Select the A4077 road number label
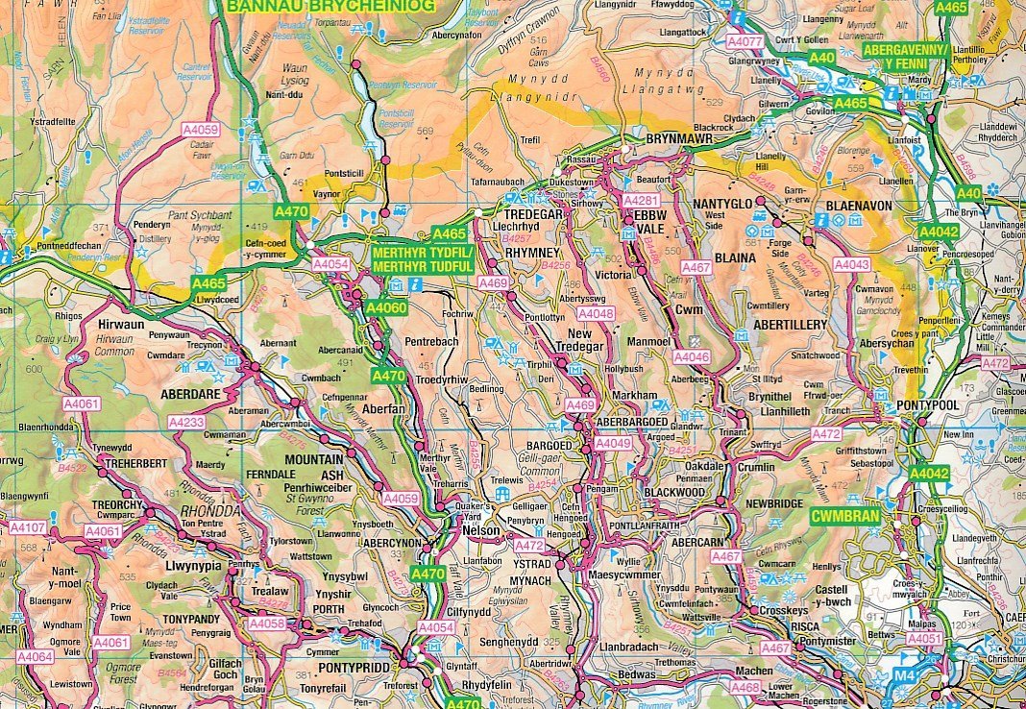(745, 41)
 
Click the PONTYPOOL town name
(928, 406)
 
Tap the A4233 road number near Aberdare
(186, 422)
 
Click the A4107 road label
(27, 527)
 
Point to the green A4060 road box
(386, 308)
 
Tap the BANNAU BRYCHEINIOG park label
(330, 5)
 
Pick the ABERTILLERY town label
(790, 326)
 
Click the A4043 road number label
(851, 264)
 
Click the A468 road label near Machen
(745, 687)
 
